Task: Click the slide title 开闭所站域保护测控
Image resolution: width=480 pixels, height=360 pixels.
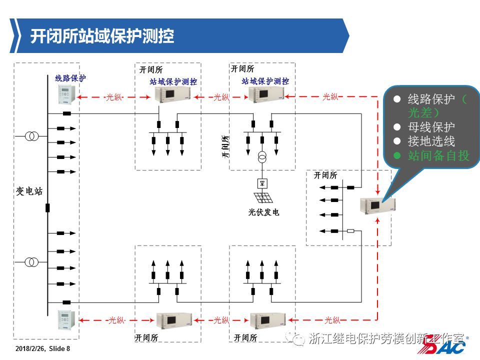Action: pos(102,36)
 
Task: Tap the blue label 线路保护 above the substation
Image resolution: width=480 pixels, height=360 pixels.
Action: pos(70,78)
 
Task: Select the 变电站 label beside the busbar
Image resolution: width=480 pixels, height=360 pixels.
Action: pos(29,191)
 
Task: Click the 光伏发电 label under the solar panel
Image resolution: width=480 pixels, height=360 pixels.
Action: pos(263,212)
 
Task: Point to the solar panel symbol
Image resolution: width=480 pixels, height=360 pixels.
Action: pos(263,197)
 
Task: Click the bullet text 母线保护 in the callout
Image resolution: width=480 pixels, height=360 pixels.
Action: pos(431,127)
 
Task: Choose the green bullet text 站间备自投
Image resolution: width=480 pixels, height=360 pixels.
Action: pos(439,155)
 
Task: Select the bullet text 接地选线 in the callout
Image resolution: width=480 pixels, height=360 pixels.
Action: pos(431,141)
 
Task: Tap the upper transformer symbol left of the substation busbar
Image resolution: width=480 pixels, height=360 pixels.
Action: pos(32,136)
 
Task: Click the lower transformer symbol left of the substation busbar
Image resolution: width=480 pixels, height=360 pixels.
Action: pos(32,261)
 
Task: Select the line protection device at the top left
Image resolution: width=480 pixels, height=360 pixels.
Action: pos(66,94)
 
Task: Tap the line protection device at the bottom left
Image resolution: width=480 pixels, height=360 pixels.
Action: pos(66,318)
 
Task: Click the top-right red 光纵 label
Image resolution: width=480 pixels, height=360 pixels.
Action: pos(330,97)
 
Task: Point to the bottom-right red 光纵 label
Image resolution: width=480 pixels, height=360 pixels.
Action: pos(332,320)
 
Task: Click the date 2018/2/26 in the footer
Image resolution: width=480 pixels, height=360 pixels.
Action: pos(31,348)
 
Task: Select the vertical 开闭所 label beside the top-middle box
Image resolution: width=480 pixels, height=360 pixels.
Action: pos(225,146)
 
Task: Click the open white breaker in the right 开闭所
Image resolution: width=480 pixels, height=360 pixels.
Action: pos(350,231)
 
